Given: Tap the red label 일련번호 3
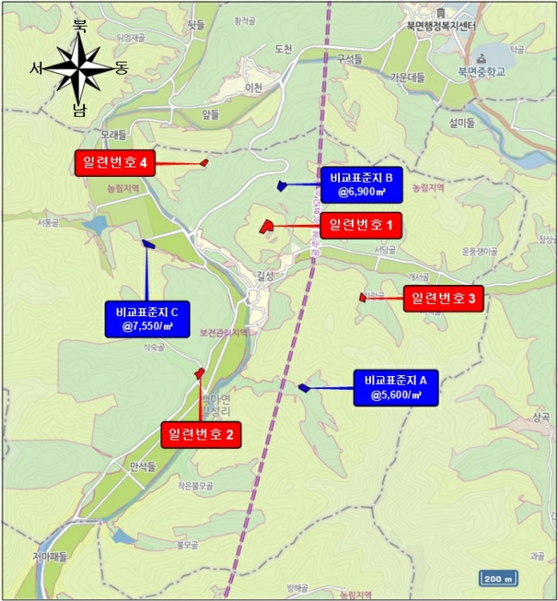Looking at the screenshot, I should pos(443,298).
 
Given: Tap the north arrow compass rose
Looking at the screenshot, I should pos(78,68).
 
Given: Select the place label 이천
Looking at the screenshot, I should pos(253,88).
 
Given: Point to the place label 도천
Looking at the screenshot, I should pos(283,49).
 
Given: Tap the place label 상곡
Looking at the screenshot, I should pos(539,416).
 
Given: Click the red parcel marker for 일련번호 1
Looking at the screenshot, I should pos(265,227).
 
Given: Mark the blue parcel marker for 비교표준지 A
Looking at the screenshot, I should pos(303,387).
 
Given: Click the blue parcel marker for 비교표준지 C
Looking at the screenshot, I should pos(148,244).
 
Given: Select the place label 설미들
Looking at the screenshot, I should pos(461,123).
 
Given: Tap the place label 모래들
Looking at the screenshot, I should pos(112,135).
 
